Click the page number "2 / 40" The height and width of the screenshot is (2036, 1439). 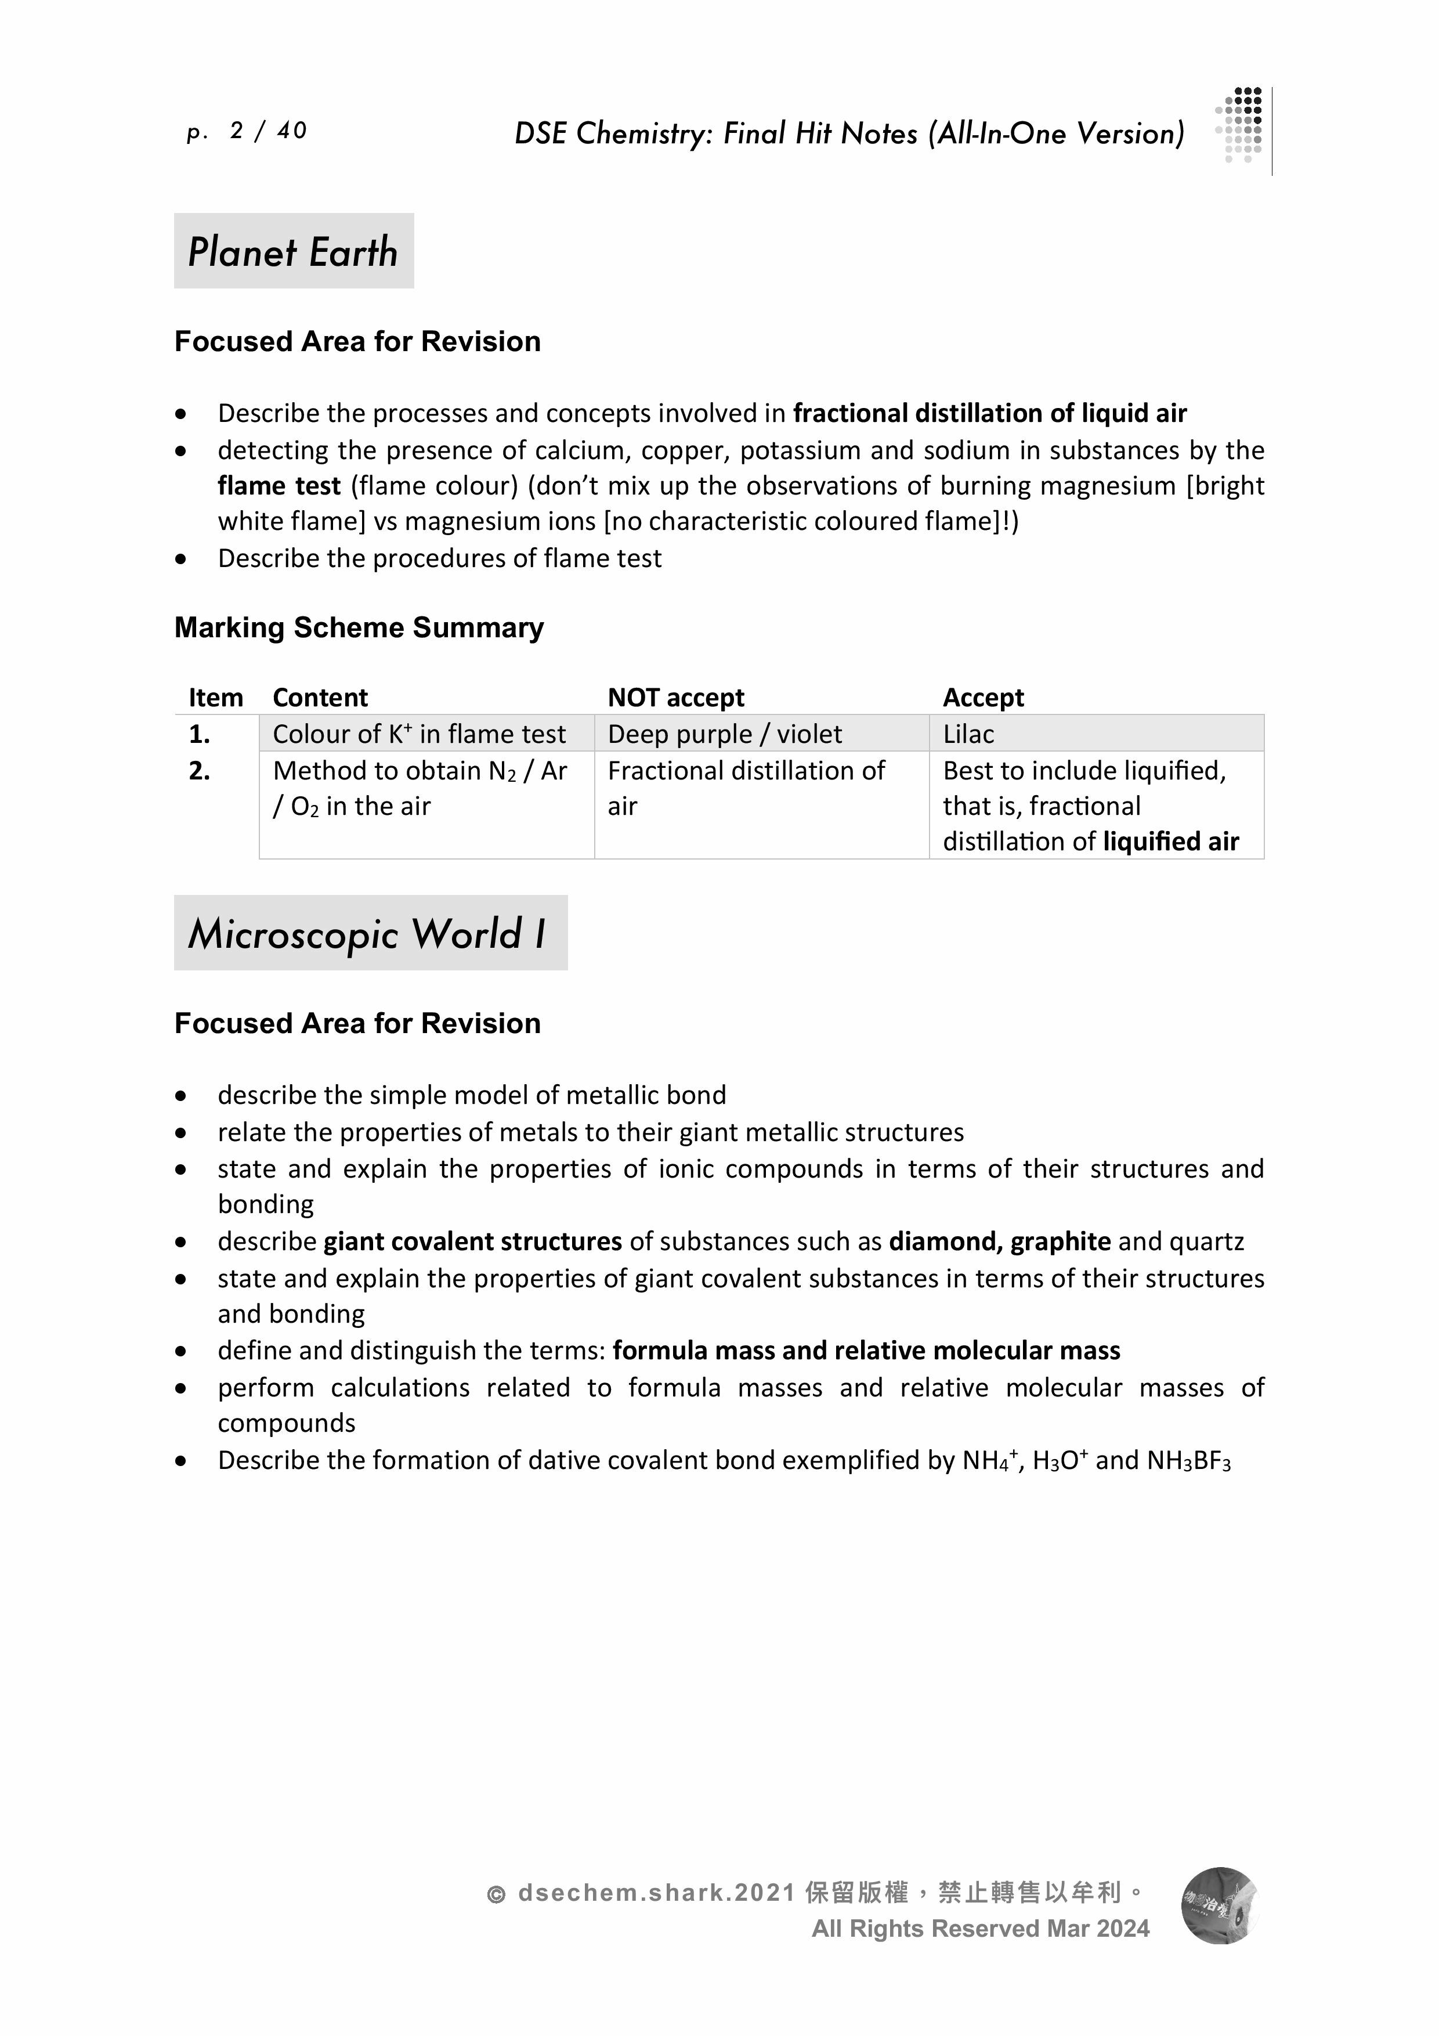click(267, 131)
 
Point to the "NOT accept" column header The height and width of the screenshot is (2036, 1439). click(675, 698)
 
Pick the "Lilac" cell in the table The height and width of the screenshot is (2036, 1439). click(968, 734)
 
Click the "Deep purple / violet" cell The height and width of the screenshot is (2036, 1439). click(724, 734)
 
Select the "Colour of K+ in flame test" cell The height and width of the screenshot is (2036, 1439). click(418, 734)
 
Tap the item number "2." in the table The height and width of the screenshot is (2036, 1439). click(200, 771)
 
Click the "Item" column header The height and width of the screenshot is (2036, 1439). click(215, 698)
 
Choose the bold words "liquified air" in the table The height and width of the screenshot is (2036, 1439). click(1170, 842)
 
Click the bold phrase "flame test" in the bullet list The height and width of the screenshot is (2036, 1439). click(279, 486)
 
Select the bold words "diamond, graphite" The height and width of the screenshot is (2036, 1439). click(999, 1241)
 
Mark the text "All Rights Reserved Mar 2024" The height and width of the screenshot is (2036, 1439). click(979, 1929)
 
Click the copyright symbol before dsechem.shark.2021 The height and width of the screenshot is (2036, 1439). click(497, 1895)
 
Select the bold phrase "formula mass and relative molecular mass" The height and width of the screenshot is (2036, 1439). click(866, 1351)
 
